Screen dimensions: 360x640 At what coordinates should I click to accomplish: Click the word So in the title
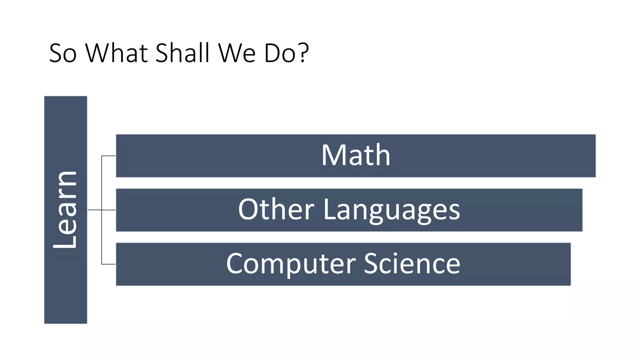pyautogui.click(x=63, y=53)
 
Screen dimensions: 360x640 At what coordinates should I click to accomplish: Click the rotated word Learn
pyautogui.click(x=65, y=210)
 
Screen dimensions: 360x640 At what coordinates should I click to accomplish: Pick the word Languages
pyautogui.click(x=392, y=210)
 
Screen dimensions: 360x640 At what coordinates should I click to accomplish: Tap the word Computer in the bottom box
pyautogui.click(x=291, y=264)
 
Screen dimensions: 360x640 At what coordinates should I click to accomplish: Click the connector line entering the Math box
pyautogui.click(x=108, y=156)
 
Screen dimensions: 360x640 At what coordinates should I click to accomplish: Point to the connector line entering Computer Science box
pyautogui.click(x=108, y=264)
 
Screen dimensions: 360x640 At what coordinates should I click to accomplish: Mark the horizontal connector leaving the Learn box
pyautogui.click(x=94, y=210)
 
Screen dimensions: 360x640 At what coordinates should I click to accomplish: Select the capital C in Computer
pyautogui.click(x=236, y=264)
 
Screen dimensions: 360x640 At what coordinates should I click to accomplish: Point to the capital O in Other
pyautogui.click(x=248, y=209)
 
